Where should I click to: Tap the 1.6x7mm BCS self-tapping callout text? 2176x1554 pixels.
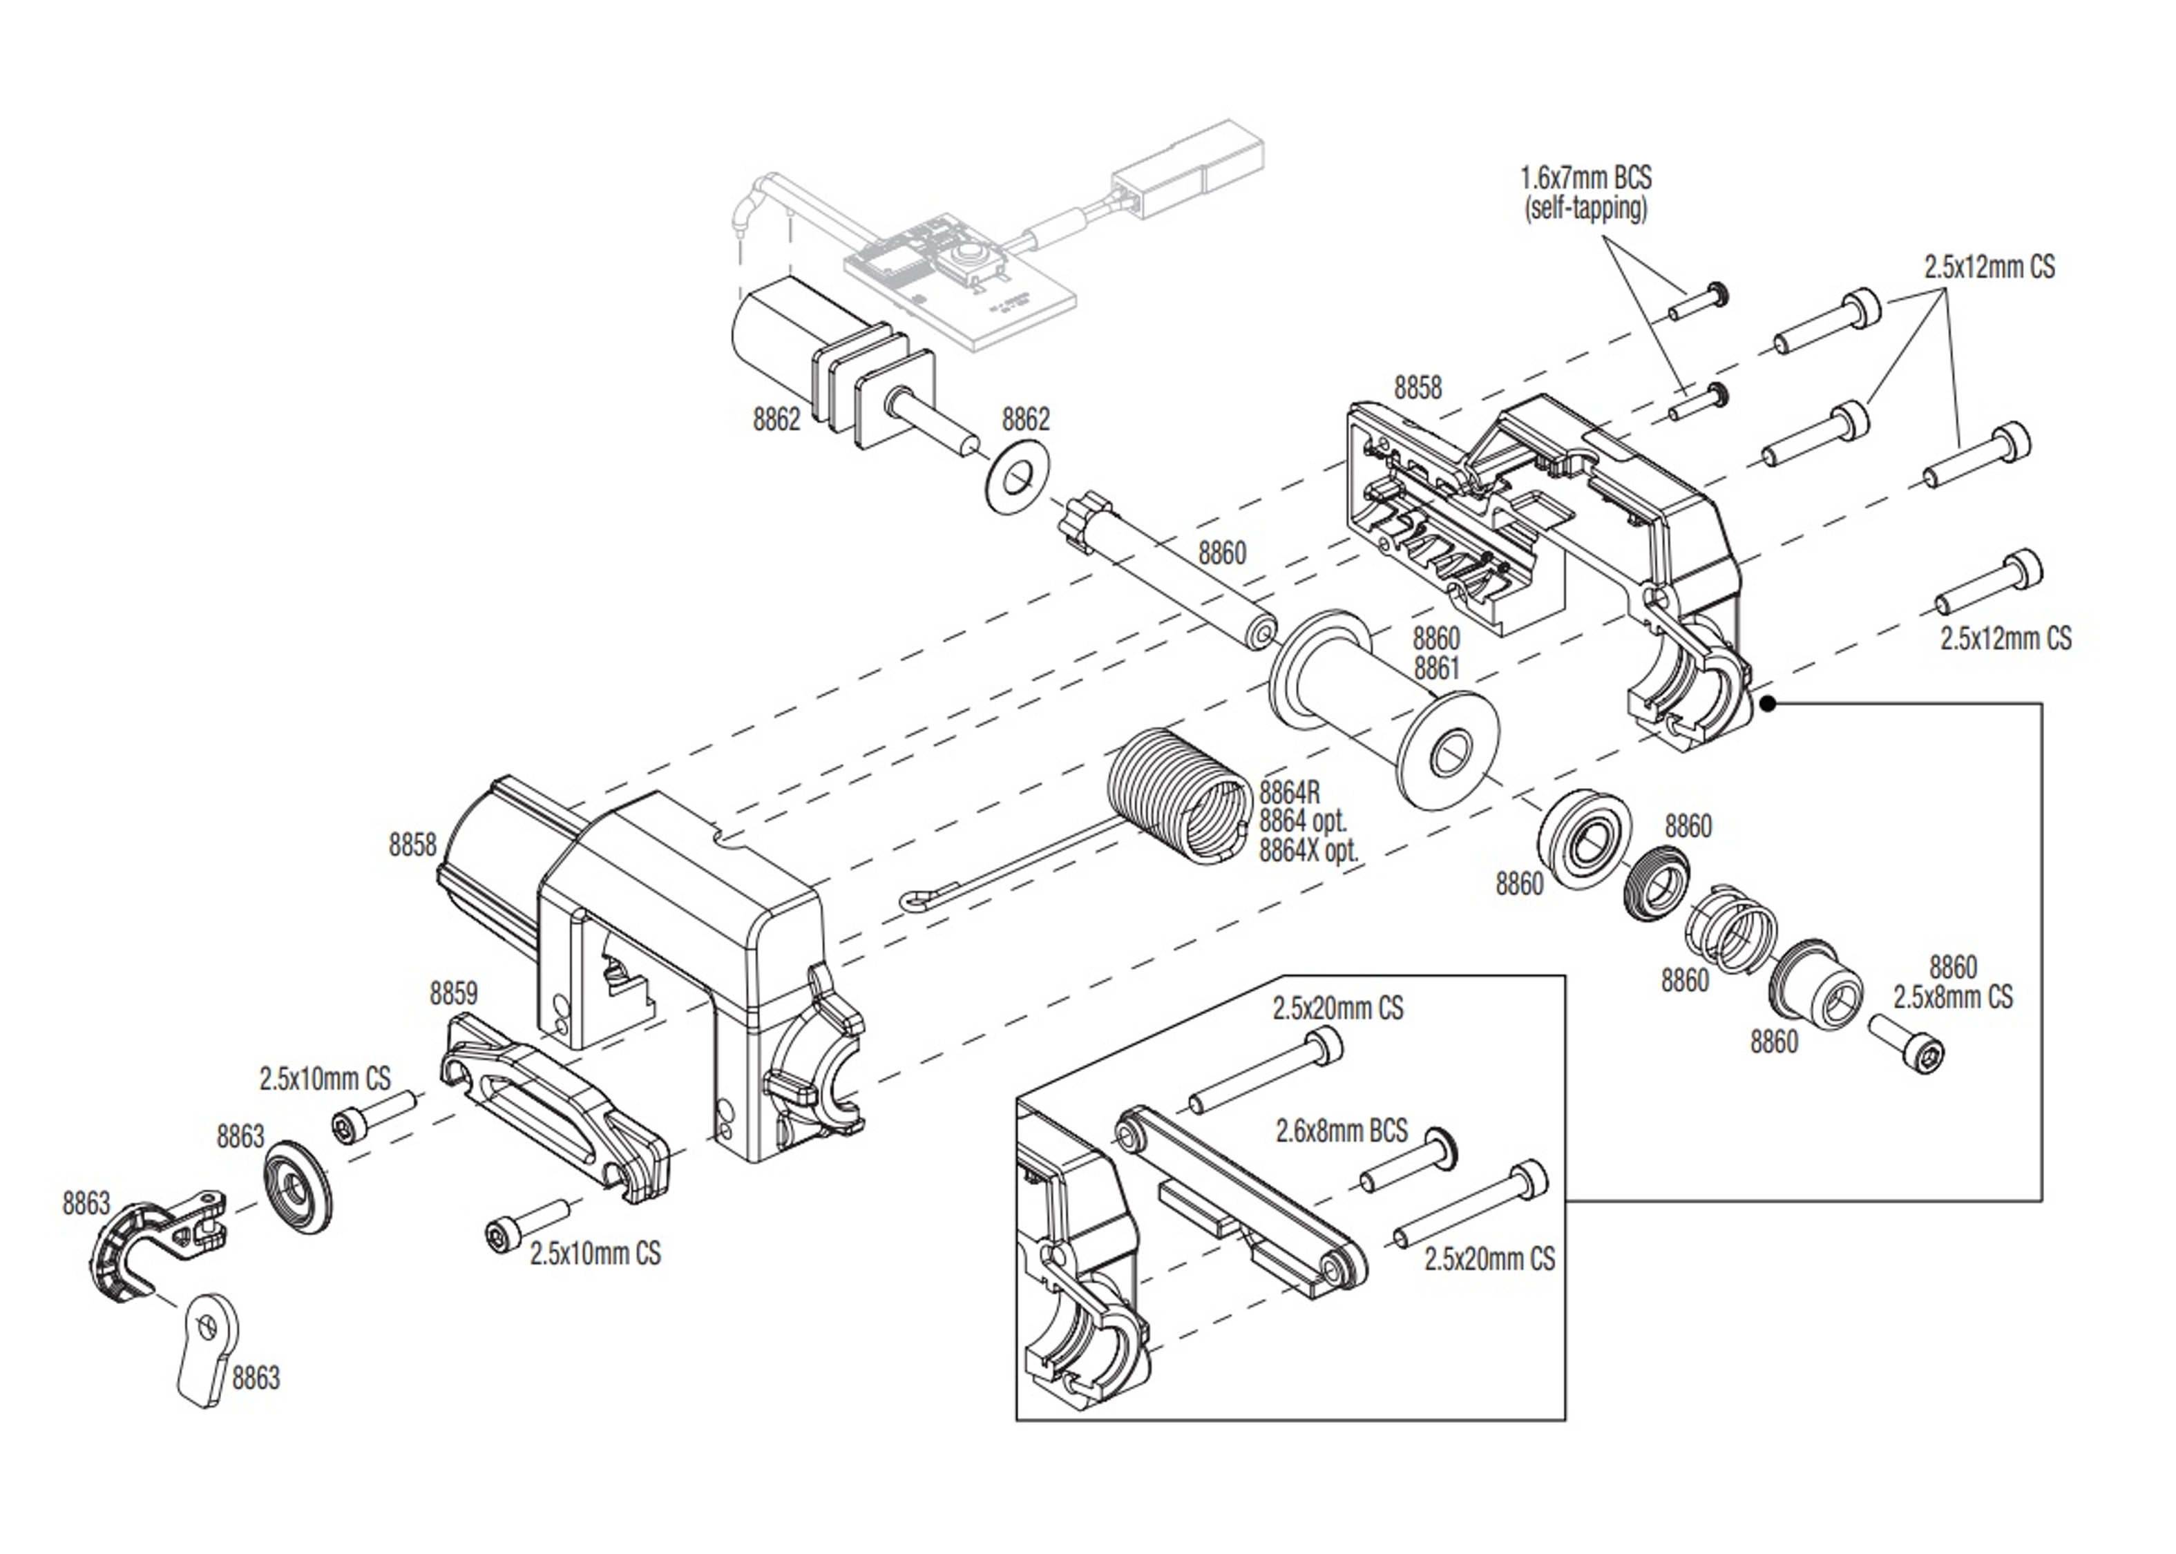tap(1585, 192)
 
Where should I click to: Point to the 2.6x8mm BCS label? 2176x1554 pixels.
tap(1341, 1131)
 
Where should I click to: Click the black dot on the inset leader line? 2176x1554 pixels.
tap(1768, 703)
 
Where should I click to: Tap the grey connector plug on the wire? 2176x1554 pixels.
tap(1187, 172)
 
